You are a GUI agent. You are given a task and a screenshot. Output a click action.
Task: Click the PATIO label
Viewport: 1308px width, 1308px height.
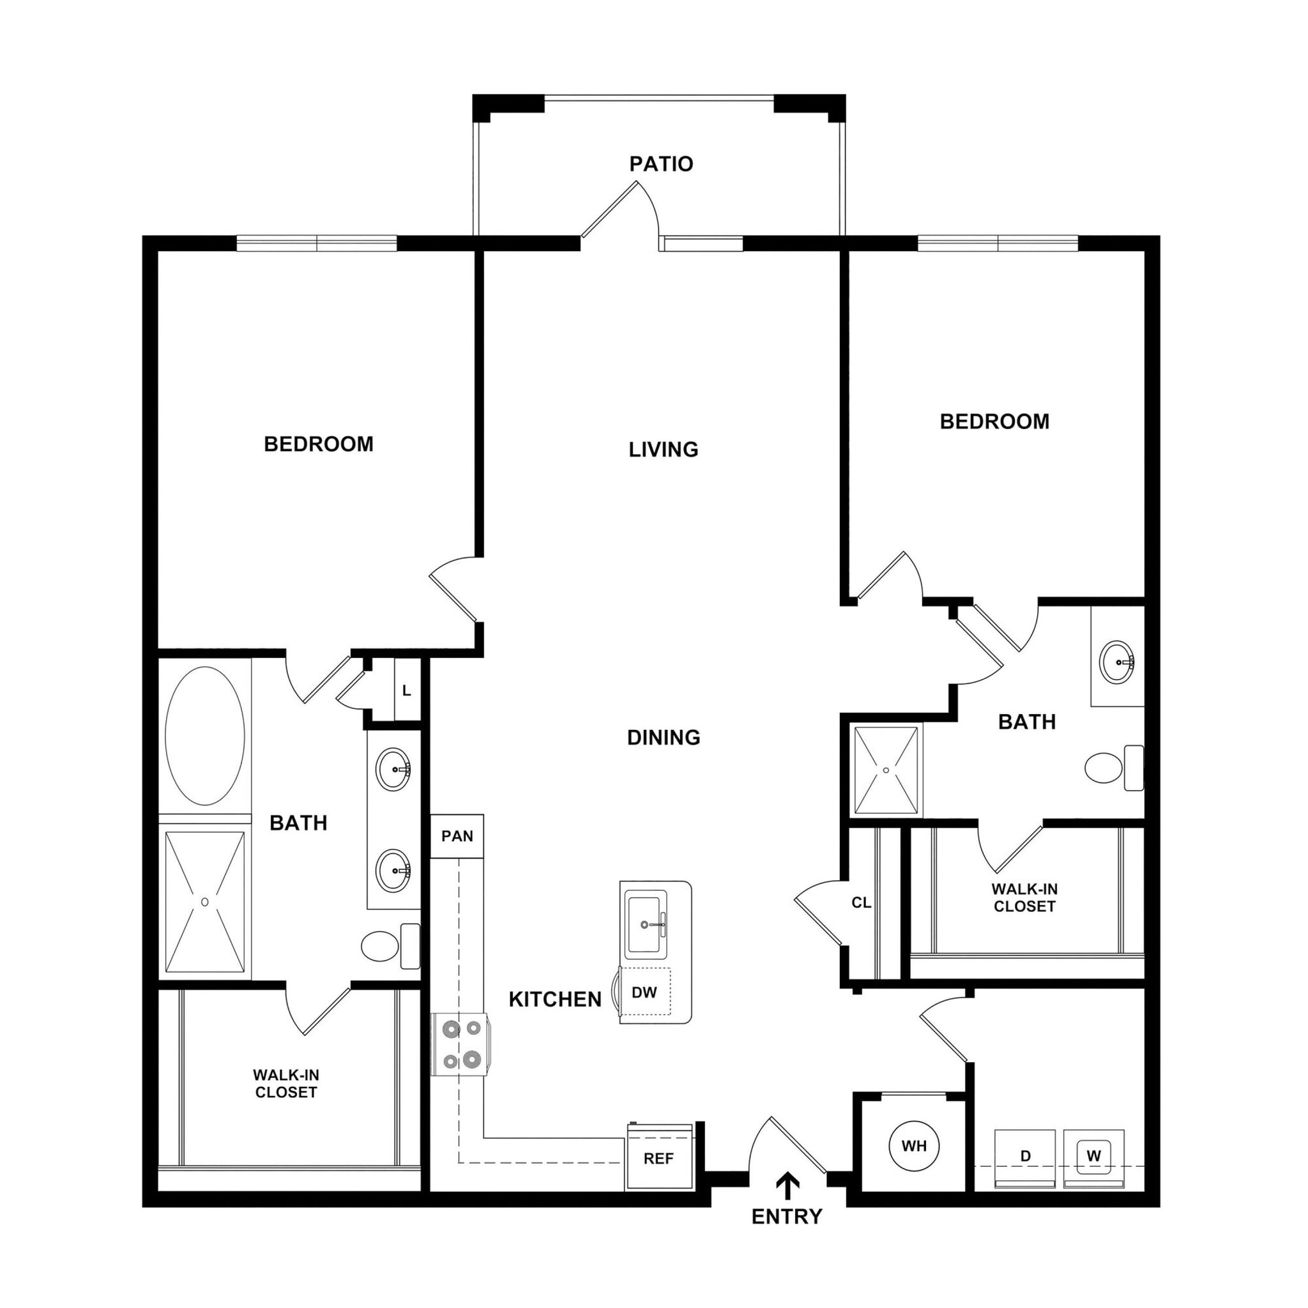(x=661, y=164)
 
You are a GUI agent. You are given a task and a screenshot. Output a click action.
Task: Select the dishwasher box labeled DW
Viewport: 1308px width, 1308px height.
(x=644, y=992)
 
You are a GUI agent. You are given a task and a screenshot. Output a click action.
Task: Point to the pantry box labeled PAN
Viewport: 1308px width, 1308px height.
(x=457, y=836)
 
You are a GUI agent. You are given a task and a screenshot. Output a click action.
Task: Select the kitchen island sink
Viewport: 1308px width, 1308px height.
(x=646, y=925)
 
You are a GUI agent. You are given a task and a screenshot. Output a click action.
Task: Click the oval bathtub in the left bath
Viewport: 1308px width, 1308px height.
(x=204, y=736)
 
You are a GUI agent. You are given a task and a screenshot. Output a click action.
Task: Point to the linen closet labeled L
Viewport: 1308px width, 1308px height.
(x=406, y=690)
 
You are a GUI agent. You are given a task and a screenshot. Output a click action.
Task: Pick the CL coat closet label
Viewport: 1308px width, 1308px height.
(x=861, y=902)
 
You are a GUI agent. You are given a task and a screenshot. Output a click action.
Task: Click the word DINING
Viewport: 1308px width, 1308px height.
(x=664, y=737)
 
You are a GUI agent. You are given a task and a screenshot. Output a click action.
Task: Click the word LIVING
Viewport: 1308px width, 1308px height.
(x=664, y=450)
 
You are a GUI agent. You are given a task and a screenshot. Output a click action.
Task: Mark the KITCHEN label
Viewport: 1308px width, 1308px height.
(x=555, y=1000)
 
